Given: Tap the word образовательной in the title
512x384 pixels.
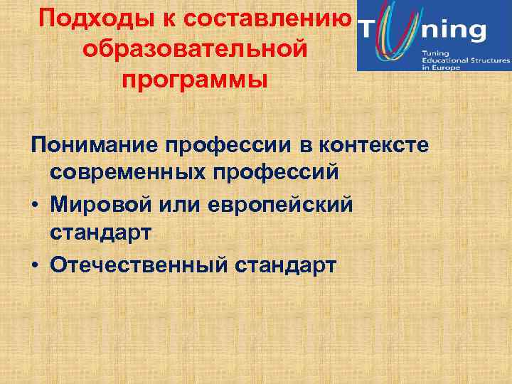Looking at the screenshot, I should click(195, 48).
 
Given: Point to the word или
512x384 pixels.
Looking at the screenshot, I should click(186, 205).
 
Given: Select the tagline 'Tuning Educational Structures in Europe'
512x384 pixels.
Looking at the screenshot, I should click(465, 61).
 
